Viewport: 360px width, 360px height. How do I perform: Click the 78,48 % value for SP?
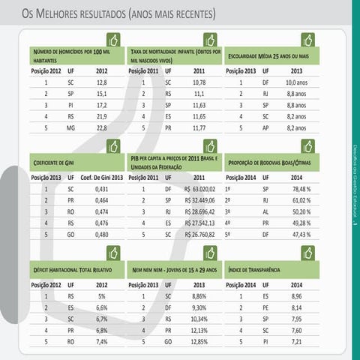301,190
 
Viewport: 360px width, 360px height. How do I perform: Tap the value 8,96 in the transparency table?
296,296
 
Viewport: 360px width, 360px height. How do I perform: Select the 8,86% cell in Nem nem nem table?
199,296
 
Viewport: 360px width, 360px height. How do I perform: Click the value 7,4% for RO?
101,341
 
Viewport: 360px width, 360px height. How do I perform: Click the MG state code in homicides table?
70,127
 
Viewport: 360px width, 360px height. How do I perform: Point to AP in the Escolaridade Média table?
265,127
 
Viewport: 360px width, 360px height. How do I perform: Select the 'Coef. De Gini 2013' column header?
101,177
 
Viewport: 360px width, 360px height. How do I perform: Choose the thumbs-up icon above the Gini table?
113,145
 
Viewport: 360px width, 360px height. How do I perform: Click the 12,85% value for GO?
199,341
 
